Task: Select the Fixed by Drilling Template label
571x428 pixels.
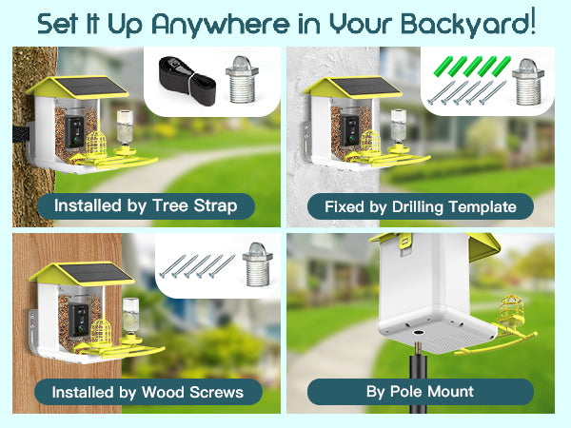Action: point(421,206)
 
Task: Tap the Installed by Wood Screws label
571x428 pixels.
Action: point(148,392)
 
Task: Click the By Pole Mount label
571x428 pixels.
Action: point(421,392)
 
